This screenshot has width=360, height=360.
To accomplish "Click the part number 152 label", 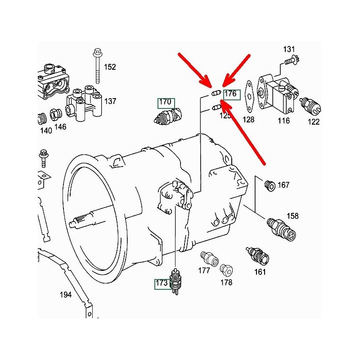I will coord(110,67).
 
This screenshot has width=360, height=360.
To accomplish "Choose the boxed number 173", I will coord(162,283).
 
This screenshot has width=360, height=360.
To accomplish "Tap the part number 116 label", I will coord(283,121).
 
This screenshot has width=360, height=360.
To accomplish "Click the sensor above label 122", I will coord(310,105).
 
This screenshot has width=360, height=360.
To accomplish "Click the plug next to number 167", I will coord(270,185).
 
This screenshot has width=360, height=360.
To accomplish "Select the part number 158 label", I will coord(292,216).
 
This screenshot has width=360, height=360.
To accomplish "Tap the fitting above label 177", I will coord(209,257).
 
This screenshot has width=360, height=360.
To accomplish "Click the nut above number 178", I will coord(226,270).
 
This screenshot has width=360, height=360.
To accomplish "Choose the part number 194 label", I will coord(66,295).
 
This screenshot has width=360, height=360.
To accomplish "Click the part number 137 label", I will coord(110,101).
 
